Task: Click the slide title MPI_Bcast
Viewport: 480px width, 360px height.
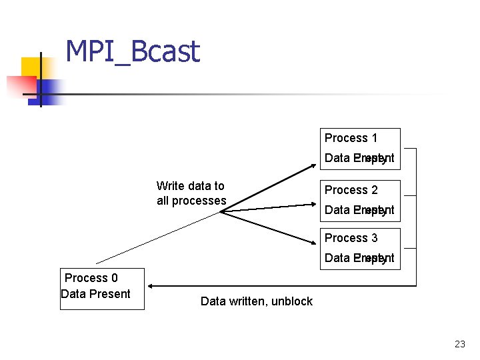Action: tap(133, 51)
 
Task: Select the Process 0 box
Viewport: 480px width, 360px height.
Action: tap(102, 287)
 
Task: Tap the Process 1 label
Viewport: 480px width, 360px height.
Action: tap(351, 138)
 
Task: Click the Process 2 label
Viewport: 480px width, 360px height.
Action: tap(351, 190)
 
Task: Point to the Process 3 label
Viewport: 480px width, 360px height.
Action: tap(351, 238)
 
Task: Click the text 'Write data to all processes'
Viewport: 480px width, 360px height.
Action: tap(191, 193)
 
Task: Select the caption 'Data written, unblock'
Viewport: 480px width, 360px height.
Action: tap(256, 301)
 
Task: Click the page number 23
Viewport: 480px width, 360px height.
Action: tap(459, 344)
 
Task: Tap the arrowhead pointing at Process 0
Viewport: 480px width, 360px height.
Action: tap(151, 286)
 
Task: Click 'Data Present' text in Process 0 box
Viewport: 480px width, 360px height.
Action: tap(95, 294)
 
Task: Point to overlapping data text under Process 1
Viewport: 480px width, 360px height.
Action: tap(359, 158)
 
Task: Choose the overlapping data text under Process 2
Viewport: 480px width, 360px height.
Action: tap(359, 210)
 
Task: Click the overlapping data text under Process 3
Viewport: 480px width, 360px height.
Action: tap(359, 258)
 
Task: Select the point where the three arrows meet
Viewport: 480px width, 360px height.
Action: tap(221, 212)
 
